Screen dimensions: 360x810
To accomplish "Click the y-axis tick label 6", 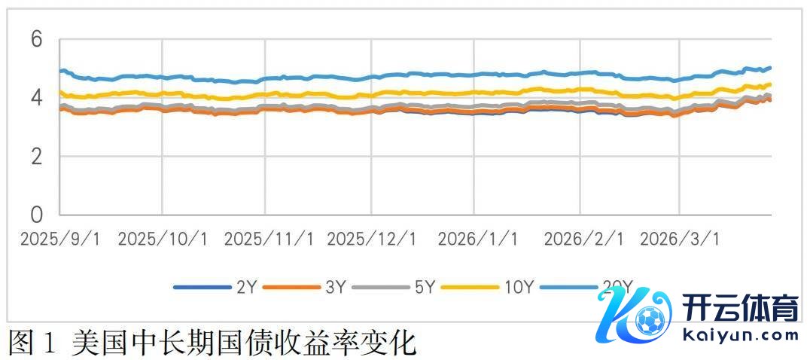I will tap(35, 40).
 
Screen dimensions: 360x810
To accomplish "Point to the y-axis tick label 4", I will tap(35, 99).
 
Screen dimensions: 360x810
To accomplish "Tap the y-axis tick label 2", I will tap(35, 157).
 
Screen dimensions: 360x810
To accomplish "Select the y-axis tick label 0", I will tap(35, 215).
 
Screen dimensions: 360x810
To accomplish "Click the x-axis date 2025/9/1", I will tap(60, 239).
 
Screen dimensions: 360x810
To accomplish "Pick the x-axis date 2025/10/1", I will tap(163, 239).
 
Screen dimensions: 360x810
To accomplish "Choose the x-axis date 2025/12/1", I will tap(373, 239).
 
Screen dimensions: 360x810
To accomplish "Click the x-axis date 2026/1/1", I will tap(478, 239).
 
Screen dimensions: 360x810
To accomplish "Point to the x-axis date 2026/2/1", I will tap(583, 239).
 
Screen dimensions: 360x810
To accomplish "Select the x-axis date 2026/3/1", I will tap(680, 239).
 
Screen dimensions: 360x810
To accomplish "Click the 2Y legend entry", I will tap(245, 287).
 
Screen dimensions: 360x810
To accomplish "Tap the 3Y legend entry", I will tap(336, 287).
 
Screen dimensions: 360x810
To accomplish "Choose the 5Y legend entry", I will tap(425, 287).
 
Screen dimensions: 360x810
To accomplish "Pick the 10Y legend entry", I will tap(519, 287).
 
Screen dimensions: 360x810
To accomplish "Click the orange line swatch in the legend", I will tap(292, 287).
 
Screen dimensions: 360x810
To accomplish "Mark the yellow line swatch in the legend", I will tap(470, 287).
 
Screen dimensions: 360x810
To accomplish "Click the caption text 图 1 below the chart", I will tap(32, 343).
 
